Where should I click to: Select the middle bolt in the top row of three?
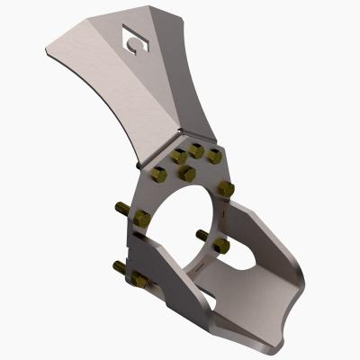(196, 150)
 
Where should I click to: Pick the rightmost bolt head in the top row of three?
(214, 157)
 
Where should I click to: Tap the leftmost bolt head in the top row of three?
(178, 157)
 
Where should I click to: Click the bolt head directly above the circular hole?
(187, 173)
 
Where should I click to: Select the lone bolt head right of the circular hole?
(226, 189)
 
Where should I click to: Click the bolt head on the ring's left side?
(139, 218)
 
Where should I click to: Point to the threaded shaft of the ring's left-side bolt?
(124, 210)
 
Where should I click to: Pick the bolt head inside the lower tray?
(221, 245)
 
